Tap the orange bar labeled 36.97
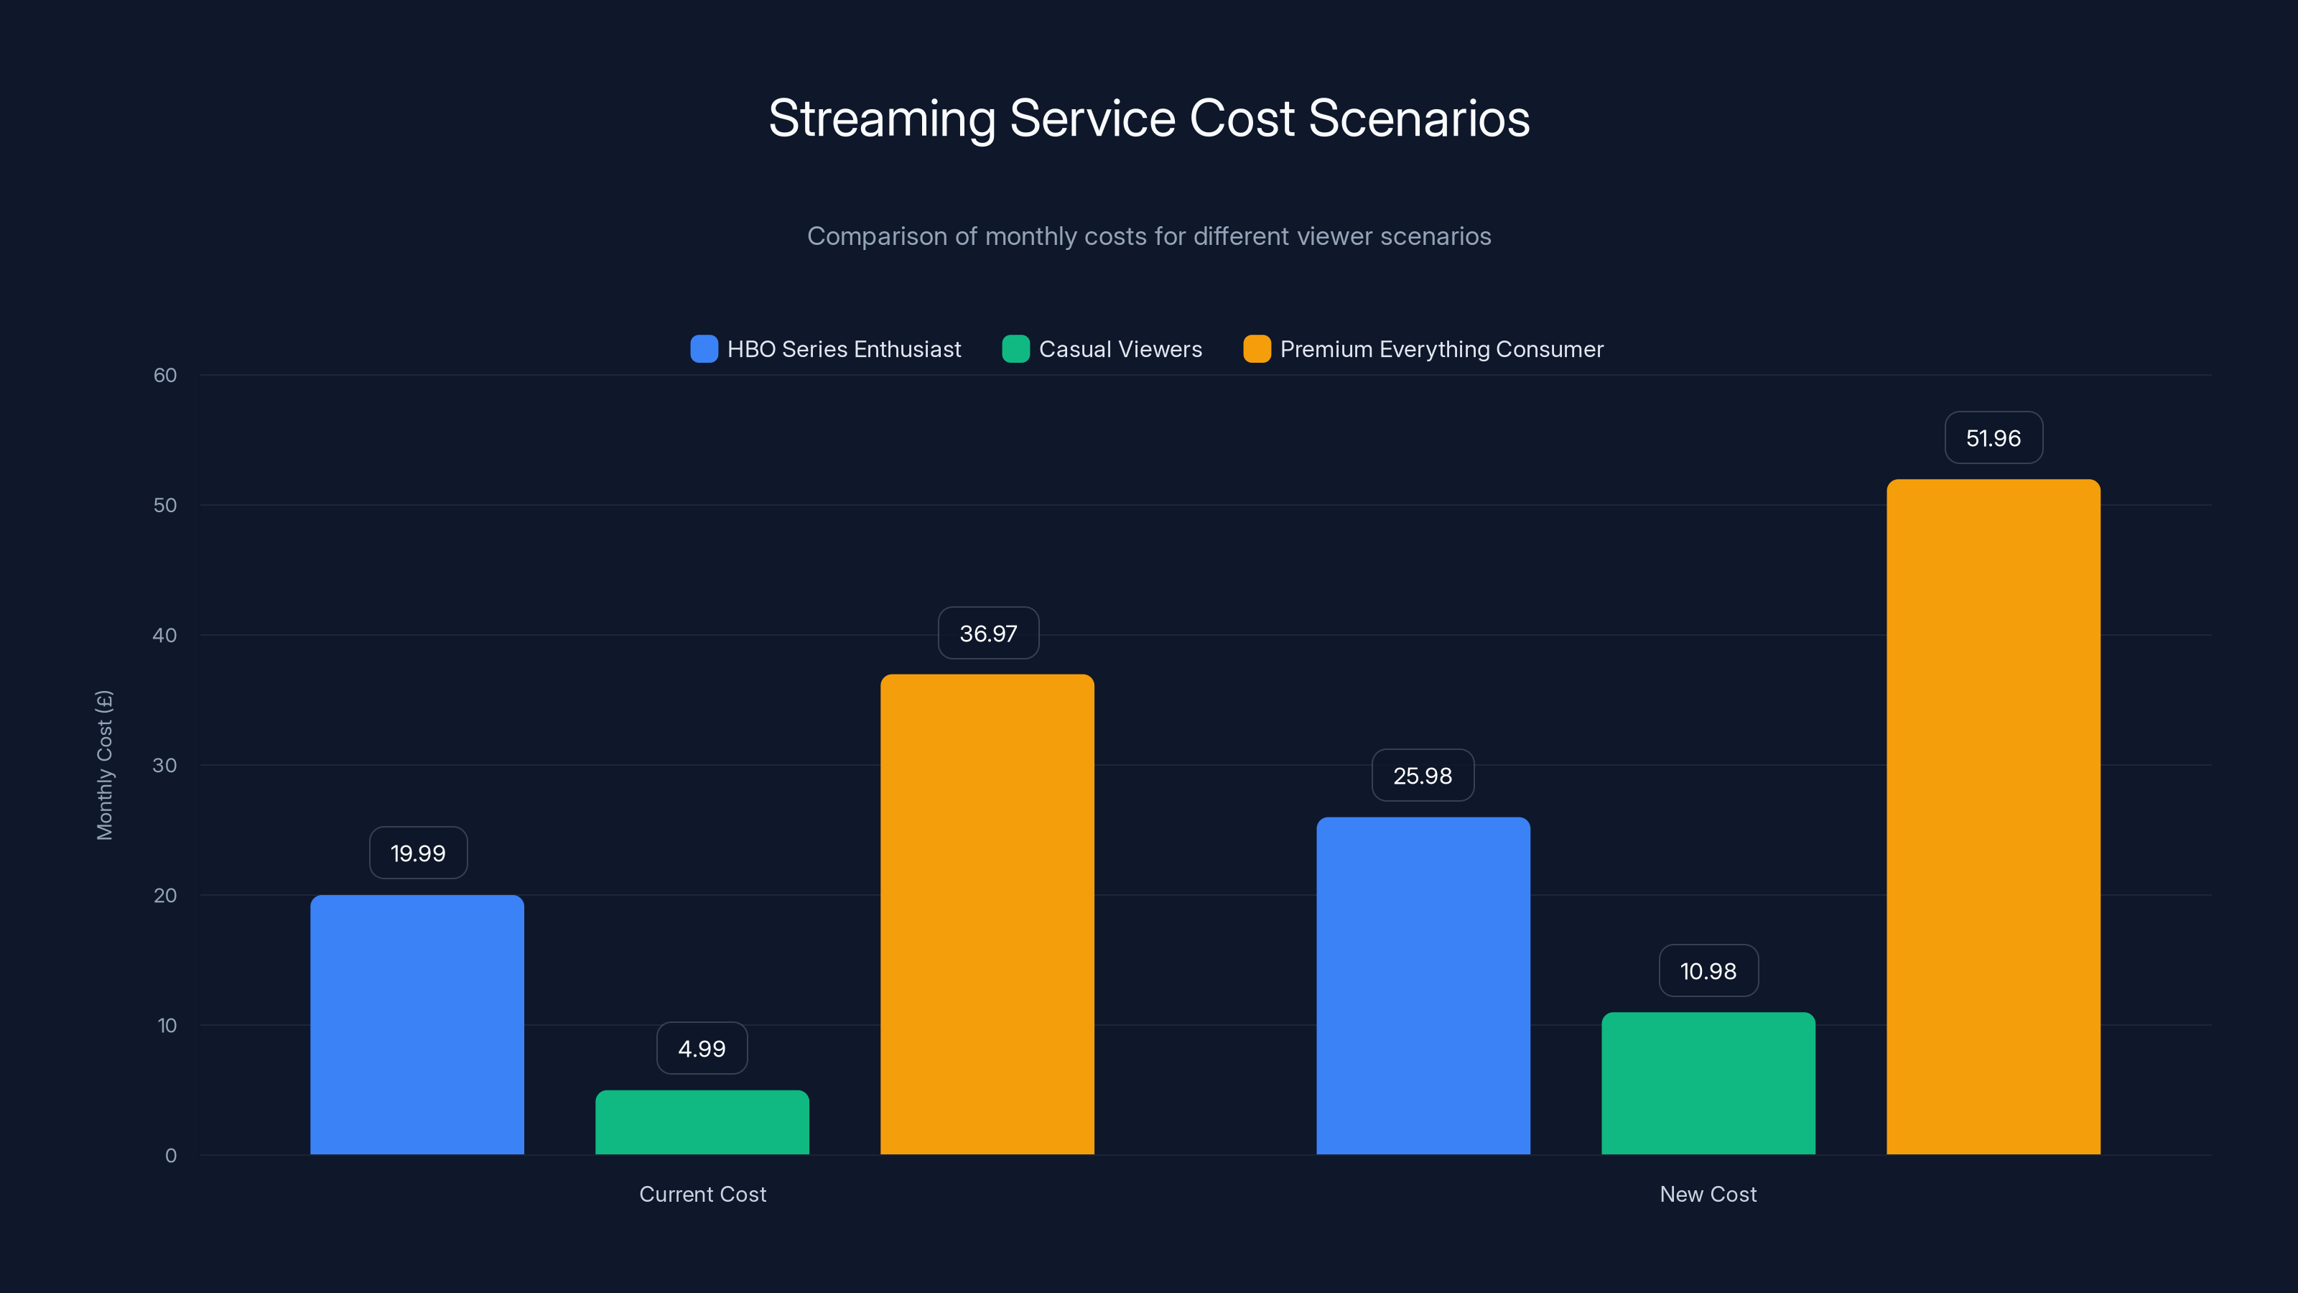coord(987,914)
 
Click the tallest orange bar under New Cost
coord(1993,817)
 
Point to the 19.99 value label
coord(417,853)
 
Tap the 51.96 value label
coord(1993,438)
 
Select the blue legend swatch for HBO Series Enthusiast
coord(704,349)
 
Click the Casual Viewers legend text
coord(1120,349)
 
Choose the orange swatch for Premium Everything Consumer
coord(1256,349)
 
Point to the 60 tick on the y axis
coord(165,376)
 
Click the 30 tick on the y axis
coord(165,766)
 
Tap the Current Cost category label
coord(702,1194)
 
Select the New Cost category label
coord(1708,1194)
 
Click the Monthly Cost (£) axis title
coord(104,765)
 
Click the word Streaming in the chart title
coord(881,119)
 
